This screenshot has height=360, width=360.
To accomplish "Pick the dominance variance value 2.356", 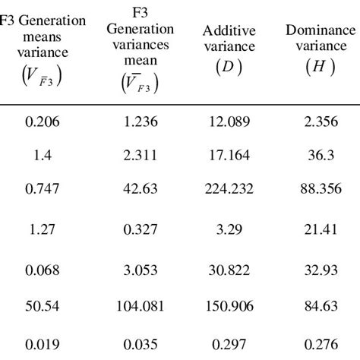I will (319, 122).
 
